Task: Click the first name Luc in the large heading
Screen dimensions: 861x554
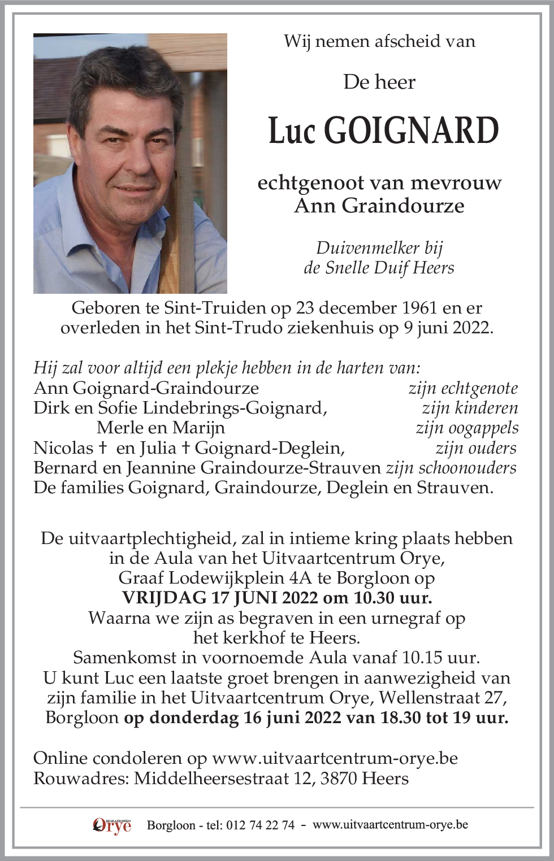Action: [291, 131]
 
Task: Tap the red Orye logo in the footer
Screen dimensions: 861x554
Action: [112, 825]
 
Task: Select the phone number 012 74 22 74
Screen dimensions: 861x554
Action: [260, 825]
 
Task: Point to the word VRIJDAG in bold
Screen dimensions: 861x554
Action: [164, 598]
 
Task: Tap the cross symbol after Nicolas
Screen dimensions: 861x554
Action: [103, 448]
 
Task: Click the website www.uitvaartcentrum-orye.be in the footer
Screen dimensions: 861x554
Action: [390, 825]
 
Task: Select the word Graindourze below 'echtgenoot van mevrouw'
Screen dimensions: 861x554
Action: [403, 206]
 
